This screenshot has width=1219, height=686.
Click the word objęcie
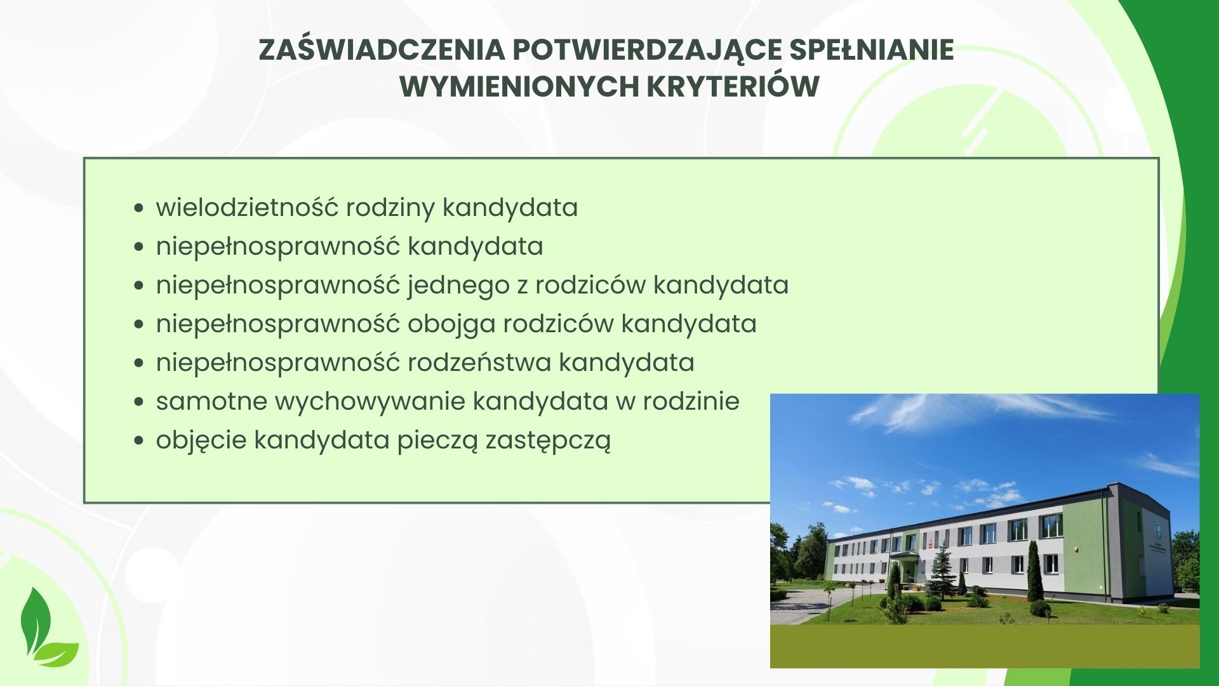(201, 441)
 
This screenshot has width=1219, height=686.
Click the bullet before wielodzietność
(140, 209)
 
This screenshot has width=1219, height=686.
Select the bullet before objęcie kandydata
(140, 441)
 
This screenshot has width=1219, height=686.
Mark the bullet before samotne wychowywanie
(140, 403)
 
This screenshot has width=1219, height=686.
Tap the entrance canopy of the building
(905, 556)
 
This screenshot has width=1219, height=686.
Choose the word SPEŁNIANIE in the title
(872, 50)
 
